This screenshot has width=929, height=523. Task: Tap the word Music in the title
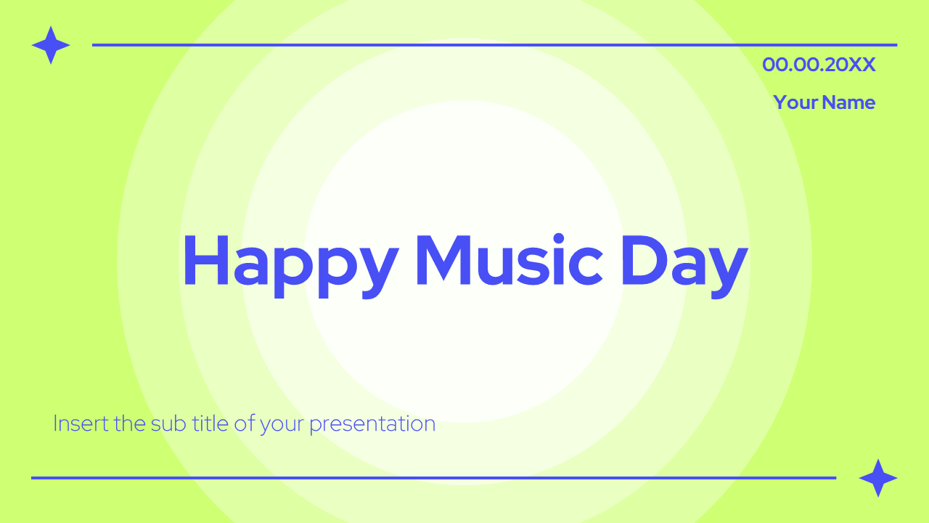coord(509,260)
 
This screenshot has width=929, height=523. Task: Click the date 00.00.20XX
coord(819,65)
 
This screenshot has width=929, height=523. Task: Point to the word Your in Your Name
coord(795,102)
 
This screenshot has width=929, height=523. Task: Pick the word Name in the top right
coord(849,102)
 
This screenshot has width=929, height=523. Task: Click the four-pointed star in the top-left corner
coord(51,45)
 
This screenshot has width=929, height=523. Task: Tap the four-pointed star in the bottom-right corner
coord(878,478)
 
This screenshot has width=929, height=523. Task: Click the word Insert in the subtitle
coord(81,423)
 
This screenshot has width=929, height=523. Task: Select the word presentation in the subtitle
coord(372,424)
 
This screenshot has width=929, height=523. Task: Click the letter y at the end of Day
coord(727,269)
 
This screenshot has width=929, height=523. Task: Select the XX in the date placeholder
coord(862,65)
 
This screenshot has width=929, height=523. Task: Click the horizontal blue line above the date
coord(494,45)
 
